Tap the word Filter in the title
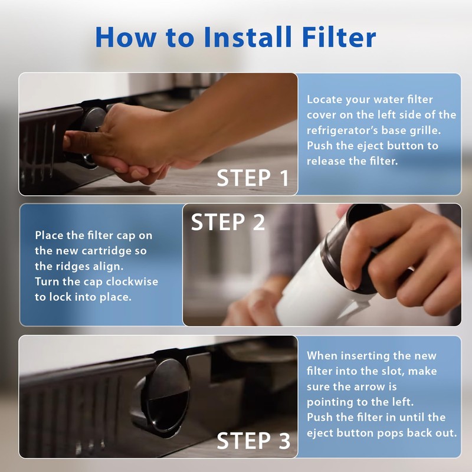339,37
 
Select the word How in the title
126,37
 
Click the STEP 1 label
253,178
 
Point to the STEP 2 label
228,222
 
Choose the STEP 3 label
254,440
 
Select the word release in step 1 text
326,160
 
